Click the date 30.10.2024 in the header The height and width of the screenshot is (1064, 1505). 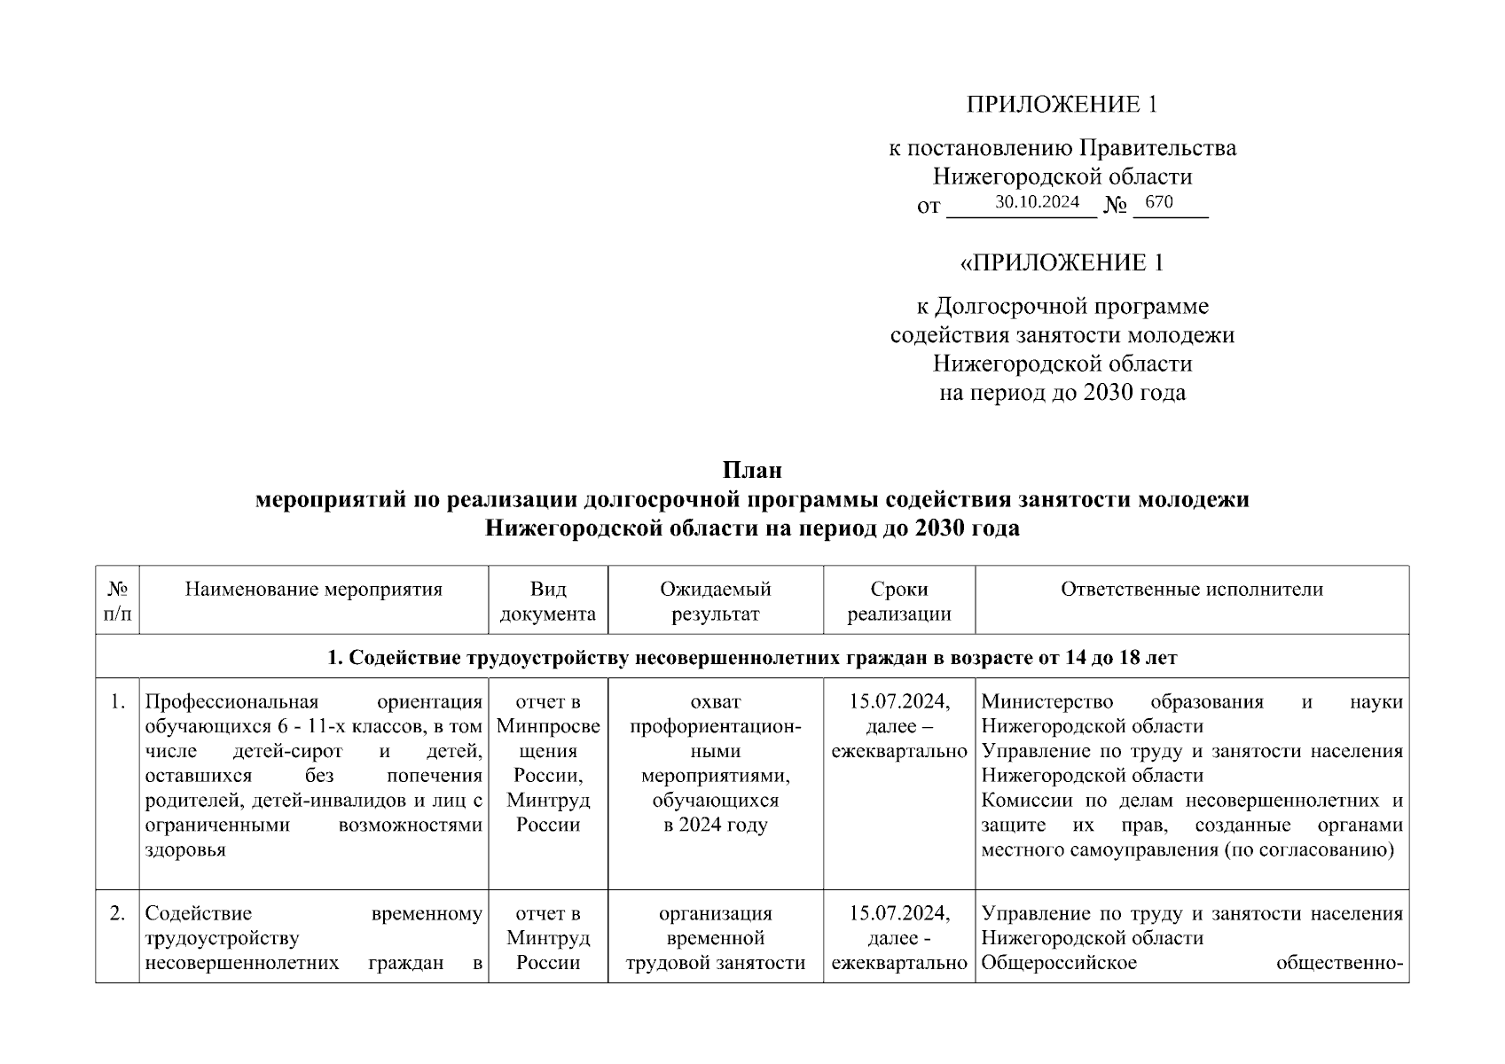coord(1036,202)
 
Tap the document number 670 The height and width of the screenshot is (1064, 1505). coord(1159,202)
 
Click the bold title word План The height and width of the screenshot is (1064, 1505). coord(752,470)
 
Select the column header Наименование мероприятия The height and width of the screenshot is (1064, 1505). coord(313,590)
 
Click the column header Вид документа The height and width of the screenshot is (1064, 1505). coord(548,601)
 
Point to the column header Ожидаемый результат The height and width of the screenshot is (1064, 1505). coord(715,601)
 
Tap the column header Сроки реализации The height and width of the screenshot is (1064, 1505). coord(898,601)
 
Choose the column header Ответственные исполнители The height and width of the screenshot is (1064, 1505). coord(1191,590)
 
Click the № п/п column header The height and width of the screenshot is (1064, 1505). coord(117,601)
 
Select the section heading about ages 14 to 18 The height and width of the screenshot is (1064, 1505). coord(752,658)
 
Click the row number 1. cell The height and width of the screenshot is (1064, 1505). coord(117,702)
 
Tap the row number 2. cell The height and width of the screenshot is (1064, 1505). coord(117,913)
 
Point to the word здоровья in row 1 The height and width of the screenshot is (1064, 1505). coord(185,850)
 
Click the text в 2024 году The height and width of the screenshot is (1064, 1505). coord(715,825)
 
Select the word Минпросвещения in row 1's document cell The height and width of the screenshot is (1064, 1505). coord(548,739)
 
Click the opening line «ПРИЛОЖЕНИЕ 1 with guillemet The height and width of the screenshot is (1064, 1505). coord(1062,263)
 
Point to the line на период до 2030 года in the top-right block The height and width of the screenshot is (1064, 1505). coord(1062,392)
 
